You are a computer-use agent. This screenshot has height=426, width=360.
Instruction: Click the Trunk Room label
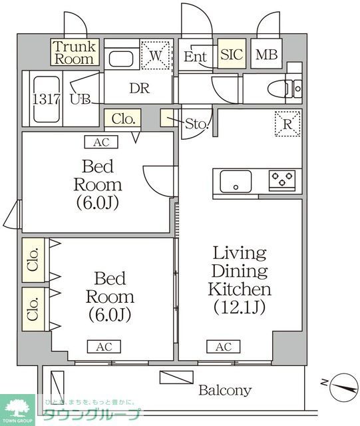tap(75, 52)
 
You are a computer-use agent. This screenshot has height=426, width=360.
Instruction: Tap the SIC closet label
tap(232, 56)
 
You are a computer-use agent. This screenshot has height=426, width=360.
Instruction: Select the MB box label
tap(268, 56)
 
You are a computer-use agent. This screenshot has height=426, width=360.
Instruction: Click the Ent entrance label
tap(196, 57)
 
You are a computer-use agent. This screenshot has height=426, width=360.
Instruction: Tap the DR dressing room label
tap(138, 89)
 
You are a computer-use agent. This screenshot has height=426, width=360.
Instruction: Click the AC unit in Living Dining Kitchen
tap(223, 347)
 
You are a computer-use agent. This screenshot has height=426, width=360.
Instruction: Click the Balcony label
tap(225, 390)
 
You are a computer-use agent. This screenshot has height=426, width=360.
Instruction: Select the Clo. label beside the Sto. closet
tap(124, 120)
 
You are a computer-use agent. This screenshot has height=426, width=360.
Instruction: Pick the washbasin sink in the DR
tap(122, 59)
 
